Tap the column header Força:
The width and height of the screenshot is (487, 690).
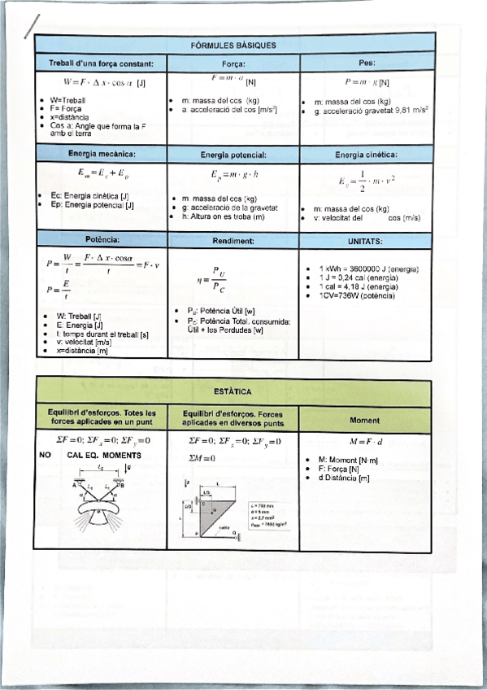[233, 63]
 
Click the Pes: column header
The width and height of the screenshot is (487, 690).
[366, 62]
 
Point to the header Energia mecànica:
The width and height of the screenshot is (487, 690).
[102, 153]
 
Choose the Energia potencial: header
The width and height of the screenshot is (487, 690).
[233, 154]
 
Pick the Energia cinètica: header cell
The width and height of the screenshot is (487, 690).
[366, 153]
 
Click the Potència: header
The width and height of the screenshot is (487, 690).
[102, 240]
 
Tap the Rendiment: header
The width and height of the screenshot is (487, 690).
[233, 241]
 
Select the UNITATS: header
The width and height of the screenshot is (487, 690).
[366, 241]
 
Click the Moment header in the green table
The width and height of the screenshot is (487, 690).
[365, 421]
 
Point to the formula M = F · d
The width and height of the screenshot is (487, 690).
[366, 442]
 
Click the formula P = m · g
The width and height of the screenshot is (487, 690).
[361, 82]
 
